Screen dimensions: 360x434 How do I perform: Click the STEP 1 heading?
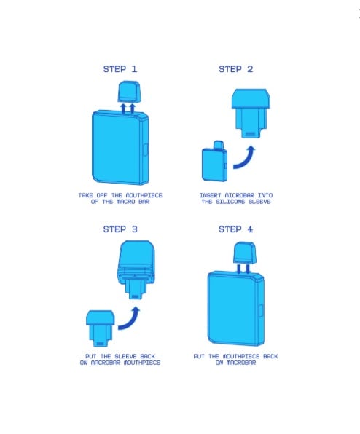(x=120, y=69)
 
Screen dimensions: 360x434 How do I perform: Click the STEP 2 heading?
(x=235, y=69)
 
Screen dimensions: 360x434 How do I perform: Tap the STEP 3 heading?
(x=120, y=229)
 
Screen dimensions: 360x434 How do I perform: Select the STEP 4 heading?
(x=235, y=229)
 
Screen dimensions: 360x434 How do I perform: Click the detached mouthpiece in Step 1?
(x=128, y=92)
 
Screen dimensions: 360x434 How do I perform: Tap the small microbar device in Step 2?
(x=215, y=162)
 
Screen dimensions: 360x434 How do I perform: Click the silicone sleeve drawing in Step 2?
(x=251, y=113)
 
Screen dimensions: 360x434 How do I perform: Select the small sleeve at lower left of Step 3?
(x=100, y=328)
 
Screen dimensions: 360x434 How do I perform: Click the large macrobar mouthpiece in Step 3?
(x=136, y=269)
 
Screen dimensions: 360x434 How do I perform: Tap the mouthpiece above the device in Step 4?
(x=244, y=253)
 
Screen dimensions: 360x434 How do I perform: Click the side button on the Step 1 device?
(x=146, y=149)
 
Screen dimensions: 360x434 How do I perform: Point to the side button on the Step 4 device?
(x=261, y=310)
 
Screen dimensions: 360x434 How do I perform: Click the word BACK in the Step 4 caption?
(x=270, y=356)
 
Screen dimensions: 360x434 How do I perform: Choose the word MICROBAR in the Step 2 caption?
(x=239, y=195)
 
